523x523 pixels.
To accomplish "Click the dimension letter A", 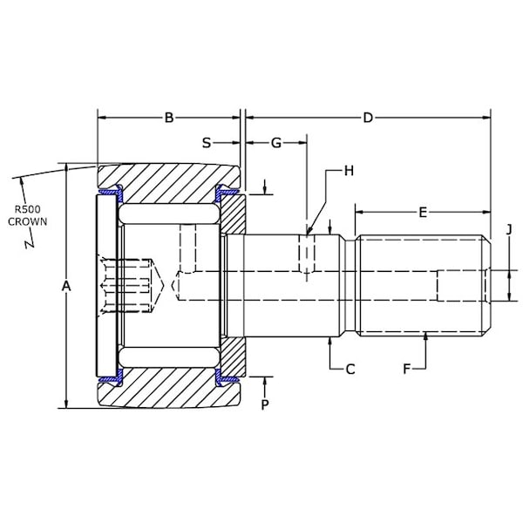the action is pos(66,286).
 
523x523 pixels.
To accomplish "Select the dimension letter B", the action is pos(169,118).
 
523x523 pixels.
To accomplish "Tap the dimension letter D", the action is pos(368,118).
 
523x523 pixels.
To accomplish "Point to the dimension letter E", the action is pos(423,212).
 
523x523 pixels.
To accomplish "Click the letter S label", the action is pos(207,143).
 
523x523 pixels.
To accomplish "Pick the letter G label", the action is pos(276,143).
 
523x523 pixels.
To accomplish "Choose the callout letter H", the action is pos(349,171).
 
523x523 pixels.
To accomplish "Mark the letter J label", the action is pos(509,229).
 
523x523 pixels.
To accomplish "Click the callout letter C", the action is pos(350,370).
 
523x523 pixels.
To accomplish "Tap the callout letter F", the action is pos(406,370).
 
